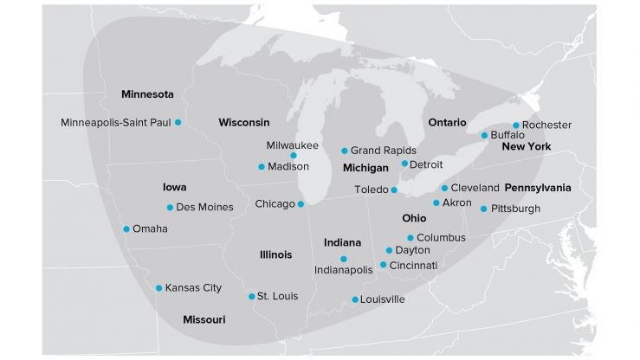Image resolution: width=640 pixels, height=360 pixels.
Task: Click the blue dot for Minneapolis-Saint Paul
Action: click(x=178, y=123)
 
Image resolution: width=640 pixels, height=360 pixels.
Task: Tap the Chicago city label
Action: click(x=275, y=204)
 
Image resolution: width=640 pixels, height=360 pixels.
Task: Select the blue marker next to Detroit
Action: click(x=404, y=164)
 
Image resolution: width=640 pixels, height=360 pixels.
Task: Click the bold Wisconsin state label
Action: click(x=243, y=122)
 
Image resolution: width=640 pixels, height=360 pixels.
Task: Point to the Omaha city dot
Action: click(x=126, y=229)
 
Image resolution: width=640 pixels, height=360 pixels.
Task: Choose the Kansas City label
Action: click(x=193, y=287)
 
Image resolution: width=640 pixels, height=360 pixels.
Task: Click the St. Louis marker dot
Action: click(x=252, y=296)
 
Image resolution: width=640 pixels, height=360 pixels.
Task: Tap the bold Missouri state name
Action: click(x=204, y=319)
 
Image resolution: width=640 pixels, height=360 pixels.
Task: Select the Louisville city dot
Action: click(x=355, y=300)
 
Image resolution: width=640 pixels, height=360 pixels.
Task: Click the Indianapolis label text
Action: click(x=343, y=270)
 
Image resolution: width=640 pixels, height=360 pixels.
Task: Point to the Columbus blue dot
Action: click(x=411, y=238)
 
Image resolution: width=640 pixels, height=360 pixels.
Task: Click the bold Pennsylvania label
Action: click(x=538, y=187)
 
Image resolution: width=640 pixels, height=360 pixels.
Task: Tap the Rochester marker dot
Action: click(x=516, y=125)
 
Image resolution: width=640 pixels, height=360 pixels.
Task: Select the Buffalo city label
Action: click(x=507, y=136)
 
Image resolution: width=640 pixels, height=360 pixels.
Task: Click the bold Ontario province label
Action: click(x=447, y=123)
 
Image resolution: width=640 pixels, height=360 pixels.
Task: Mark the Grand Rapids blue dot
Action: click(x=345, y=151)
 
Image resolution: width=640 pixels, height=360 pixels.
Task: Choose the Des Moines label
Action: click(x=204, y=208)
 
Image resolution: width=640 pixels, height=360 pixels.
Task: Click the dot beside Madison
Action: click(x=262, y=167)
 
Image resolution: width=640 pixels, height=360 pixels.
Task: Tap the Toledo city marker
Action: click(x=394, y=190)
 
